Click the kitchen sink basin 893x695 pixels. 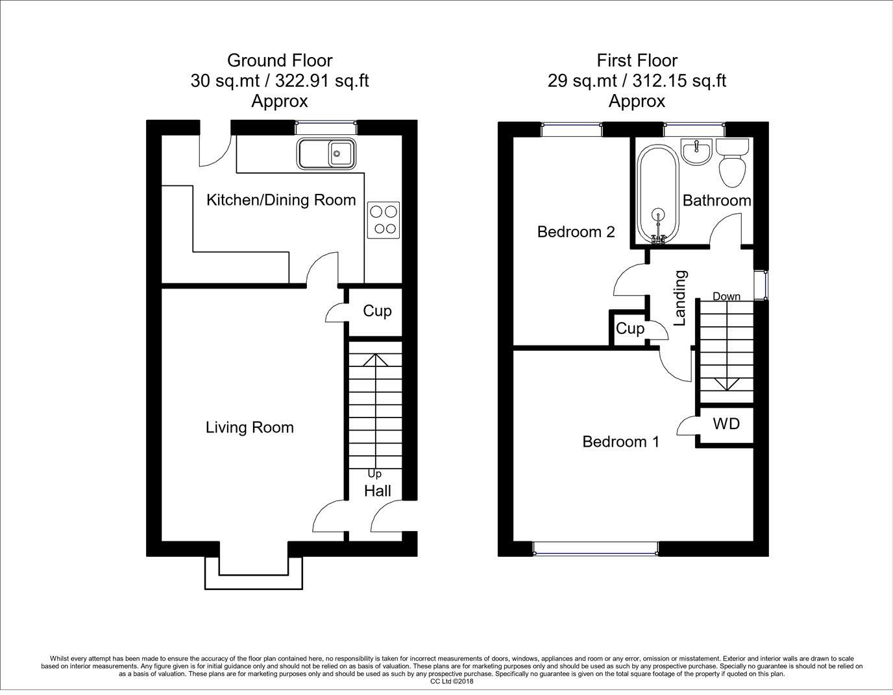point(326,154)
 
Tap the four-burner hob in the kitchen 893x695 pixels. point(384,220)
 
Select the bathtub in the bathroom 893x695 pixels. point(657,194)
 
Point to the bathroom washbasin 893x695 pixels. point(696,152)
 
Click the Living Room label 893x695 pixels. point(249,427)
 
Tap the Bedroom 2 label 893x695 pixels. point(576,232)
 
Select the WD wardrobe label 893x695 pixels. point(726,423)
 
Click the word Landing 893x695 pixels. point(680,298)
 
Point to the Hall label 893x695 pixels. point(377,491)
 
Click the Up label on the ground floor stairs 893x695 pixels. point(374,474)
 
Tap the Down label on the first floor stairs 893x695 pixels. point(726,296)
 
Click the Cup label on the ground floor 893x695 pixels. point(377,311)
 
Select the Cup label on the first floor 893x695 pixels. point(630,329)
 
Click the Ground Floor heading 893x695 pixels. point(280,61)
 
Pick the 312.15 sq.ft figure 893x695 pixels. point(679,80)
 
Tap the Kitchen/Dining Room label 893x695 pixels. point(281,200)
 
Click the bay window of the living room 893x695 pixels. point(254,573)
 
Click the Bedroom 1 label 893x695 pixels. point(620,442)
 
